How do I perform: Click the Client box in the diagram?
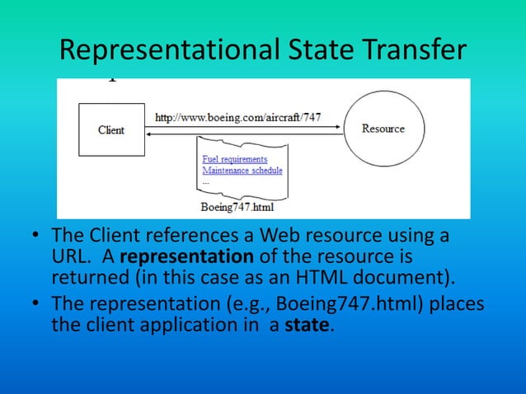tap(111, 130)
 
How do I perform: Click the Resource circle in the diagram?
tap(383, 129)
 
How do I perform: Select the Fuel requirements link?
tap(234, 159)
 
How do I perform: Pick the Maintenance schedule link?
tap(242, 171)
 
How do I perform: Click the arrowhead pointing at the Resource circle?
tap(339, 126)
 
